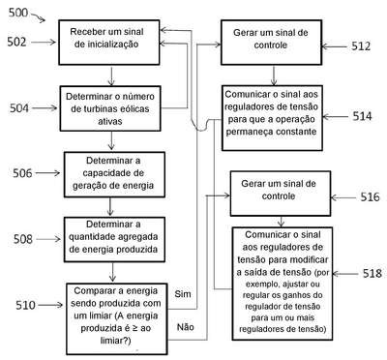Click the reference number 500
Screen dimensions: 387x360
(x=18, y=13)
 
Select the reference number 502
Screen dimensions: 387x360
(x=16, y=42)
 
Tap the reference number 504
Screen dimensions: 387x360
(x=19, y=108)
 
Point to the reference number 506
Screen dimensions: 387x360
(x=22, y=173)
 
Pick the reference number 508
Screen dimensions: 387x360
(x=23, y=239)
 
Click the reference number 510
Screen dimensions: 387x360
(x=25, y=305)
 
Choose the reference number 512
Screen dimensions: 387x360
(x=361, y=46)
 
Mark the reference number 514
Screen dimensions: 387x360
(x=362, y=116)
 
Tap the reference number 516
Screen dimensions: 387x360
(x=370, y=196)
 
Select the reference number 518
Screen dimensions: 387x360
(x=372, y=274)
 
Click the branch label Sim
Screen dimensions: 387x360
(x=183, y=294)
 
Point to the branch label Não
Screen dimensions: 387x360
(x=186, y=327)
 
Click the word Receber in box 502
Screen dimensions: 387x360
(x=83, y=32)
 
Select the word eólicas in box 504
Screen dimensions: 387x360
(x=134, y=109)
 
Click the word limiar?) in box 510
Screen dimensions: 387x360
(x=115, y=341)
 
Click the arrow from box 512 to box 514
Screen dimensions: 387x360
(x=274, y=75)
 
